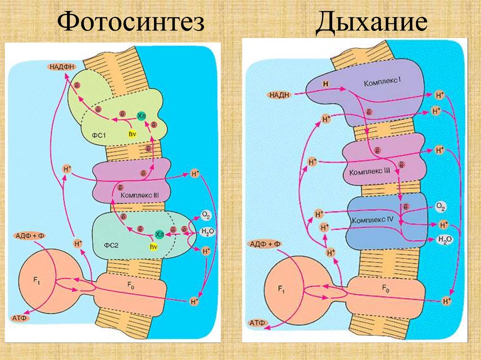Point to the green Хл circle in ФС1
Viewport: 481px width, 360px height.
click(x=141, y=115)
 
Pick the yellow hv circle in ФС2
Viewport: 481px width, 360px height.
click(x=153, y=246)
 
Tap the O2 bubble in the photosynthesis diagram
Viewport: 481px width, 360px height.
click(x=206, y=215)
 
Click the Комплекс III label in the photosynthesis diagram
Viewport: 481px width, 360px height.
click(x=141, y=194)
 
